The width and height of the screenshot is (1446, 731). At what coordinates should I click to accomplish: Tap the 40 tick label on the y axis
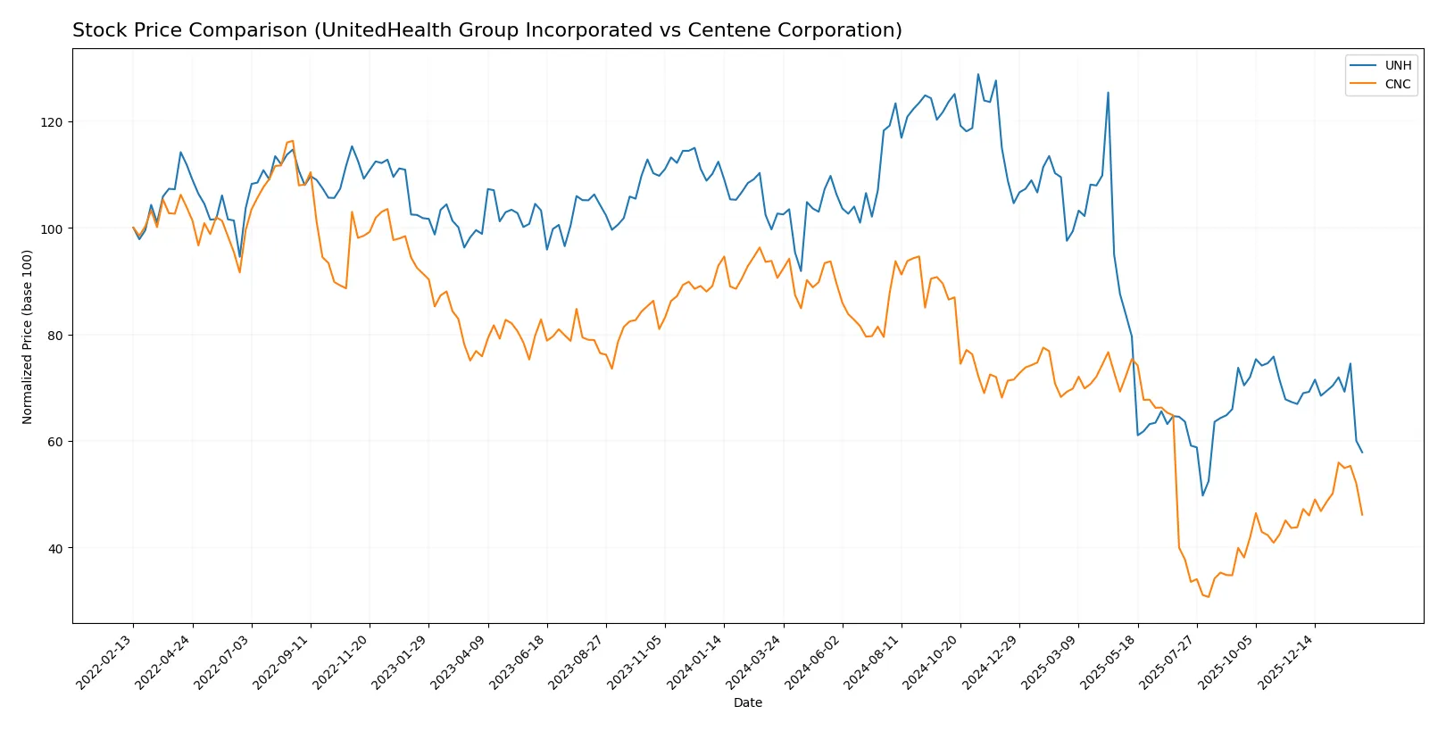point(55,548)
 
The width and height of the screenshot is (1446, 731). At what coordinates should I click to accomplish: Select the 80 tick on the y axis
point(55,336)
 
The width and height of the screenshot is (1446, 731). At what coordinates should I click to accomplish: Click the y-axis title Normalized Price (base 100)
point(28,336)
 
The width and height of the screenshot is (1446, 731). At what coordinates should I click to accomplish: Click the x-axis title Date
point(747,702)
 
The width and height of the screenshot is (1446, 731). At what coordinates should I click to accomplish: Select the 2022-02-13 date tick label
point(105,662)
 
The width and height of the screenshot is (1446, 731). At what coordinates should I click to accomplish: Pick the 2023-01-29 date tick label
point(401,662)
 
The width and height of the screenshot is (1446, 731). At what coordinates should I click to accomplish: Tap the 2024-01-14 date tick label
point(696,662)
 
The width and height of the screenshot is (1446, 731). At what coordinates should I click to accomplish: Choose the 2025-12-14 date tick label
point(1287,662)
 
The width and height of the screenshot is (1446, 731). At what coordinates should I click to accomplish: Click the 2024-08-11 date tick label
point(873,662)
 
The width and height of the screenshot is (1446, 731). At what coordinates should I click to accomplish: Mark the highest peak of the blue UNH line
point(977,74)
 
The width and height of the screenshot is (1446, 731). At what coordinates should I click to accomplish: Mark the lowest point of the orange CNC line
point(1209,596)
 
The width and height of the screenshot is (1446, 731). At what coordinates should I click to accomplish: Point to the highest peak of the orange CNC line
point(293,141)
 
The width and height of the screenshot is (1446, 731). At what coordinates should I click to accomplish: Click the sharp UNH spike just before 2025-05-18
point(1108,92)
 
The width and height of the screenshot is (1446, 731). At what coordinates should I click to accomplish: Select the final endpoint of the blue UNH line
point(1362,453)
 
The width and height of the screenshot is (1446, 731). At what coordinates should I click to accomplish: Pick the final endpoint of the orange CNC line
point(1362,514)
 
